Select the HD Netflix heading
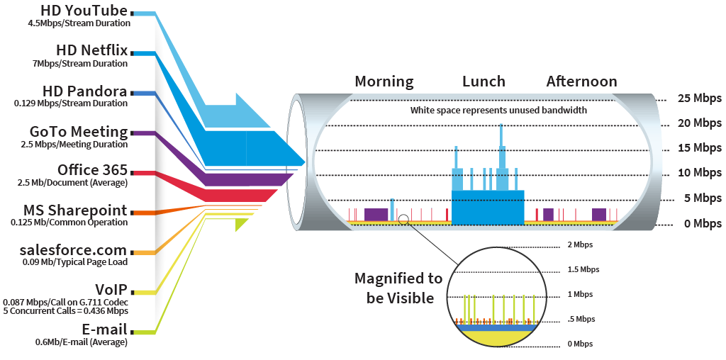pos(91,51)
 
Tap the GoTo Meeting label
pos(79,132)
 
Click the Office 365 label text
pos(92,170)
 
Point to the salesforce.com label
pos(74,250)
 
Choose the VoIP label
pos(111,289)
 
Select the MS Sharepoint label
pos(75,210)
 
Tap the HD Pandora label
pos(84,91)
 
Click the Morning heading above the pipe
pos(384,81)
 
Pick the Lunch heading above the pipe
pos(484,81)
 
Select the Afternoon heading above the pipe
pos(581,81)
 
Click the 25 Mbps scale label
pos(698,99)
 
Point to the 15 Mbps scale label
pos(698,148)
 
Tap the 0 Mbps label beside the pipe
pos(701,224)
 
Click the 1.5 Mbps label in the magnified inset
pos(583,269)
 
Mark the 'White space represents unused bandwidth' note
pos(498,111)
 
